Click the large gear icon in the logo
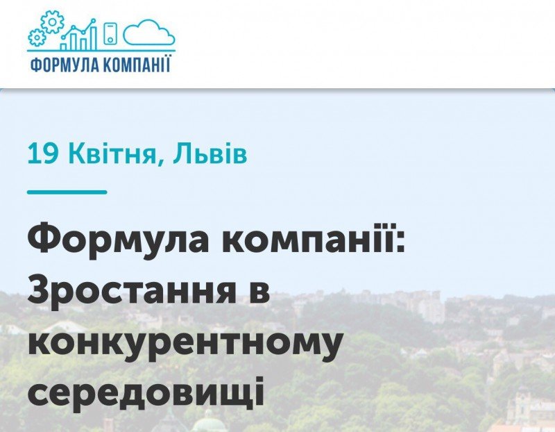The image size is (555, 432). click(x=53, y=22)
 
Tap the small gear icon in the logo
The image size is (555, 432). click(x=37, y=38)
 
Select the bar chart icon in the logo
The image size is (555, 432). click(x=78, y=34)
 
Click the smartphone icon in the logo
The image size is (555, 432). click(x=110, y=33)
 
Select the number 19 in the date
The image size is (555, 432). click(x=42, y=153)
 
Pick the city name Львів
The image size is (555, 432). click(x=210, y=153)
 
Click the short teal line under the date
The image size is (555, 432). click(x=67, y=192)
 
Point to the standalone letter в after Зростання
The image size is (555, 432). click(x=259, y=292)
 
